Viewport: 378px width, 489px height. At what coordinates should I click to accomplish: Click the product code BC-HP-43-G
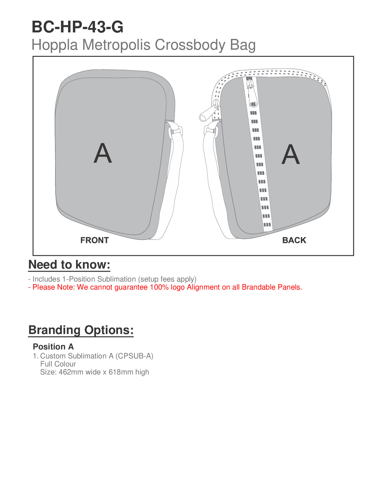[78, 27]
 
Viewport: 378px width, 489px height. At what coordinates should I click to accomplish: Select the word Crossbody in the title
[190, 45]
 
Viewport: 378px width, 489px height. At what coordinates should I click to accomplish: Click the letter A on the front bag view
[103, 153]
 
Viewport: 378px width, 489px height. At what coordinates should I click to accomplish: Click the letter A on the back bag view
[291, 154]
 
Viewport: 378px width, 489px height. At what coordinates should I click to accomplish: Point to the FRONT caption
[94, 240]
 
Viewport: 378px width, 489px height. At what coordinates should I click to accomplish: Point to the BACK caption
[294, 240]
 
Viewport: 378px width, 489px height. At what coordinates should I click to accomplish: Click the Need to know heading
[69, 265]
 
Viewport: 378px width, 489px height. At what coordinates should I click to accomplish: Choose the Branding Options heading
[81, 330]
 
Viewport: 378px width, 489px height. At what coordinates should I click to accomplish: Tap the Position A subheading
[53, 347]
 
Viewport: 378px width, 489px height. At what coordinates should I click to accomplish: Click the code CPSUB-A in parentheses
[134, 356]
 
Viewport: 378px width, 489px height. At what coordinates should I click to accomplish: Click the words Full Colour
[58, 364]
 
